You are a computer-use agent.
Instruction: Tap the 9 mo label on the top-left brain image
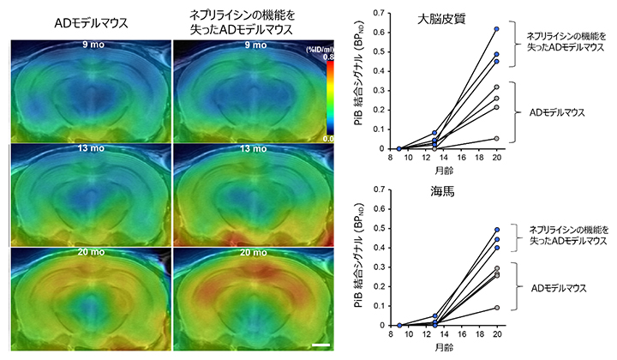89,44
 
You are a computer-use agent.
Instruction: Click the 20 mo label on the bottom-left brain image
89,254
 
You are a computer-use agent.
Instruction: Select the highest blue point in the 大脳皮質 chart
496,29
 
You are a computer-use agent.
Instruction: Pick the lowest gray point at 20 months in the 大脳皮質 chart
496,139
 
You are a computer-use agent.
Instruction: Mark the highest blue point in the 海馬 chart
496,230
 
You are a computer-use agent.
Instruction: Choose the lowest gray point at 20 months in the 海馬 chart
496,308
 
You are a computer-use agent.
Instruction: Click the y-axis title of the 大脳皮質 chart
366,81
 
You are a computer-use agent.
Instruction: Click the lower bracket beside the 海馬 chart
513,285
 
